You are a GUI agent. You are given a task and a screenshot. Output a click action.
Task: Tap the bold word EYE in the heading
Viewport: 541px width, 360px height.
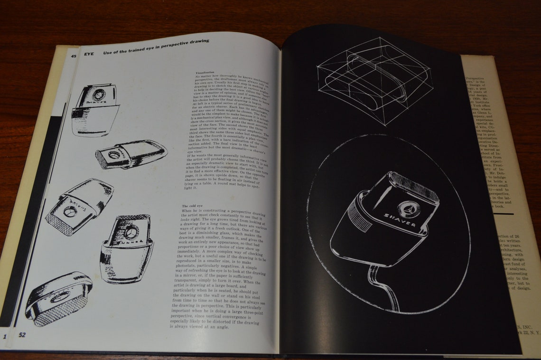point(90,54)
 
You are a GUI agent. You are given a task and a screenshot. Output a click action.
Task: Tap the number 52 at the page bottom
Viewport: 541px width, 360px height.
point(22,334)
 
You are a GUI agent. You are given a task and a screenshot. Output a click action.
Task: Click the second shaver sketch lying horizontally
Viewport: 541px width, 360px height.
point(131,154)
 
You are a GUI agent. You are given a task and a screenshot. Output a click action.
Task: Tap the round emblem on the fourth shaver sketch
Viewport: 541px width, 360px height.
point(131,232)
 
